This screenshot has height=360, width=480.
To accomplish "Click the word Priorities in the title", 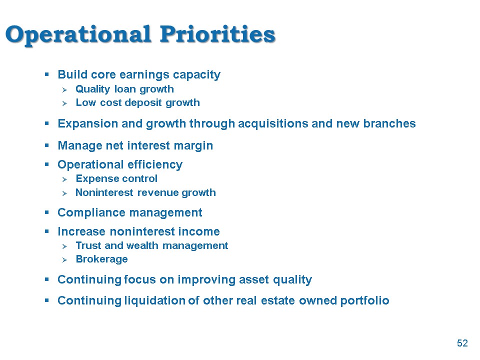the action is [x=217, y=34].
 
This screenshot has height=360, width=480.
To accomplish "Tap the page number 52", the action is [x=462, y=343].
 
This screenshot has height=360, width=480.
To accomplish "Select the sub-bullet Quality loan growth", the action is [x=124, y=89].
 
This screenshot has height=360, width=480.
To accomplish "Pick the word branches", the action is [x=389, y=123].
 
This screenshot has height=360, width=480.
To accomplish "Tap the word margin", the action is [x=193, y=146].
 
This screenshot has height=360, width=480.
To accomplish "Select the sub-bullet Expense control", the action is [x=116, y=178].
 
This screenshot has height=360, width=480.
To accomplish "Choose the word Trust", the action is [x=88, y=245].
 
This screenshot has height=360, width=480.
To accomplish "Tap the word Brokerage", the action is [x=101, y=259].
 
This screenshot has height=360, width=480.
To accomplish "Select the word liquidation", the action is [x=155, y=300].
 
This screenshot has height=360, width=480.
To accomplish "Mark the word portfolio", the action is [x=364, y=301].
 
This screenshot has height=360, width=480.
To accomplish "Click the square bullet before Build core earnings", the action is [x=47, y=74].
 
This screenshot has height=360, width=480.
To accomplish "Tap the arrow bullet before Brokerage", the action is [x=64, y=260].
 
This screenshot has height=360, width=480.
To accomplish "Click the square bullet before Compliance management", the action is [x=47, y=212].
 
